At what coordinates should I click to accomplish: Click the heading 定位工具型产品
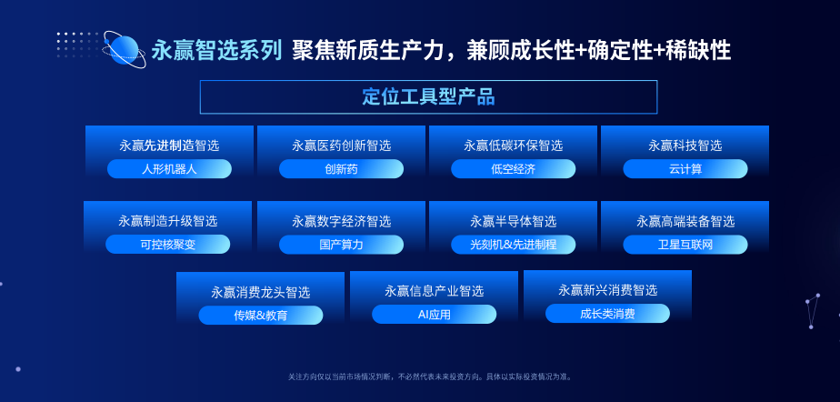[x=428, y=97]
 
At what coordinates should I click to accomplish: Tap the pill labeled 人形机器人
[x=169, y=169]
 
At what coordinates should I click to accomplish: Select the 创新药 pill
[x=341, y=169]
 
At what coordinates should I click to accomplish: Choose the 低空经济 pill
[x=514, y=169]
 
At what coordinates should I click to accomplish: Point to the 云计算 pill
[x=685, y=169]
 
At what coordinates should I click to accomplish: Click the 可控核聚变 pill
[x=167, y=245]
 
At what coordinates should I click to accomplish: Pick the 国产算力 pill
[x=341, y=245]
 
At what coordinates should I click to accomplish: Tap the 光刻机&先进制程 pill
[x=514, y=245]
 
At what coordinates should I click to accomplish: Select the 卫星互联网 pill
[x=685, y=245]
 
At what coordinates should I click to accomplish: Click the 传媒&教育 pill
[x=261, y=316]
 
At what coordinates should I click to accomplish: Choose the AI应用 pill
[x=434, y=314]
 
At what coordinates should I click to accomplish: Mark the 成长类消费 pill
[x=607, y=314]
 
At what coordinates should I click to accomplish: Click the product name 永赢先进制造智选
[x=169, y=146]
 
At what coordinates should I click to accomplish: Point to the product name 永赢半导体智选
[x=514, y=221]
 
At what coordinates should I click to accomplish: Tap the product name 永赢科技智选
[x=685, y=146]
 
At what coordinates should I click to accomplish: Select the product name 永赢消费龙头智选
[x=261, y=292]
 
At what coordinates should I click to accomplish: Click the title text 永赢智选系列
[x=216, y=50]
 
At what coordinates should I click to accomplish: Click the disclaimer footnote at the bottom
[x=430, y=377]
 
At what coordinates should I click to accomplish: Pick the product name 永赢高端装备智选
[x=685, y=221]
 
